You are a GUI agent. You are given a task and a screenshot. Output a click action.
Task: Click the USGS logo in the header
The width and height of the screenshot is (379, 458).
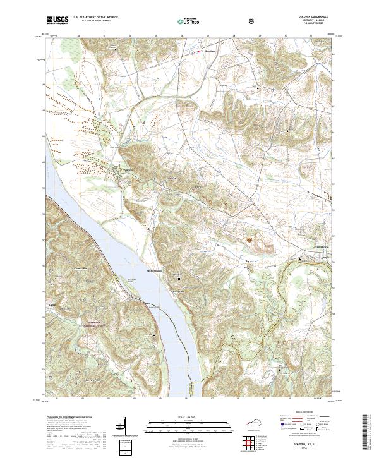coord(58,21)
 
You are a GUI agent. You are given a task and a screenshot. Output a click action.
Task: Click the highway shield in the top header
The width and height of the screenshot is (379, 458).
coord(253,21)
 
